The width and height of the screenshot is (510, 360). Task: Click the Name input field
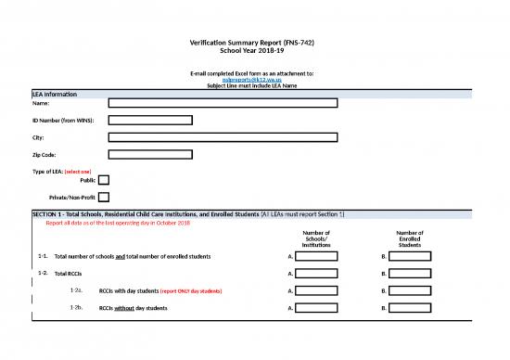point(223,104)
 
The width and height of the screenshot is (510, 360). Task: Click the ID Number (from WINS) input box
point(150,121)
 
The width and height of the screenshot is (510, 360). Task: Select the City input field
point(223,137)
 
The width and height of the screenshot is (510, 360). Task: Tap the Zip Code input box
point(150,154)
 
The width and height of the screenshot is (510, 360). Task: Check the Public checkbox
point(103,180)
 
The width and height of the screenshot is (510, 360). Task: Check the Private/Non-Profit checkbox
point(103,197)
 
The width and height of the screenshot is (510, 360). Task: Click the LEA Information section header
point(55,95)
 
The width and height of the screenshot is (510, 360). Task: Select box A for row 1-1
point(316,256)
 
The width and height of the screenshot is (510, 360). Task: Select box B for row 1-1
point(409,256)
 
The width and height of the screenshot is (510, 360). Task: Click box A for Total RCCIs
point(316,274)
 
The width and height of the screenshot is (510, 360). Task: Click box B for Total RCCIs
point(409,274)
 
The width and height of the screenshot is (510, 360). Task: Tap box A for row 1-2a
point(316,290)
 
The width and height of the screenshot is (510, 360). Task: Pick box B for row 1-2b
point(409,307)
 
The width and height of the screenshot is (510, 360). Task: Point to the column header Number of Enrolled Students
point(410,239)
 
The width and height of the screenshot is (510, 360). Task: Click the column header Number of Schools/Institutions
point(316,239)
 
